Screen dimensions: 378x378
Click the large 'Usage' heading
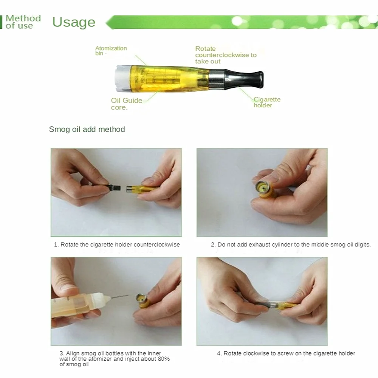click(74, 22)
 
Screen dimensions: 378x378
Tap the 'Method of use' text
click(23, 22)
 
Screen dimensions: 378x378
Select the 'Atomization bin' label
click(111, 51)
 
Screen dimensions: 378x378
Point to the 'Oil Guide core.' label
click(127, 104)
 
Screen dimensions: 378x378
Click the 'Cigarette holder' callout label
click(267, 102)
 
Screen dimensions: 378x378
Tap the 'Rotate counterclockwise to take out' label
click(226, 55)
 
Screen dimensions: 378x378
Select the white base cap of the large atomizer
click(123, 78)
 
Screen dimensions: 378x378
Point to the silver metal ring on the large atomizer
click(217, 79)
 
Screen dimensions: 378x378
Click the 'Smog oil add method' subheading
click(87, 129)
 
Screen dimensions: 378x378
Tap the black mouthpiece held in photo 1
click(114, 187)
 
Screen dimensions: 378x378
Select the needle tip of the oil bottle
click(128, 295)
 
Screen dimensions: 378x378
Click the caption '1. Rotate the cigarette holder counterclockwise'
click(117, 245)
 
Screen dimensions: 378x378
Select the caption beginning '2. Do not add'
click(291, 245)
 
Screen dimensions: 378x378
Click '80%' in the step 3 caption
click(164, 359)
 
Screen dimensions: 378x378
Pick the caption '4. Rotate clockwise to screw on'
click(286, 353)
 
